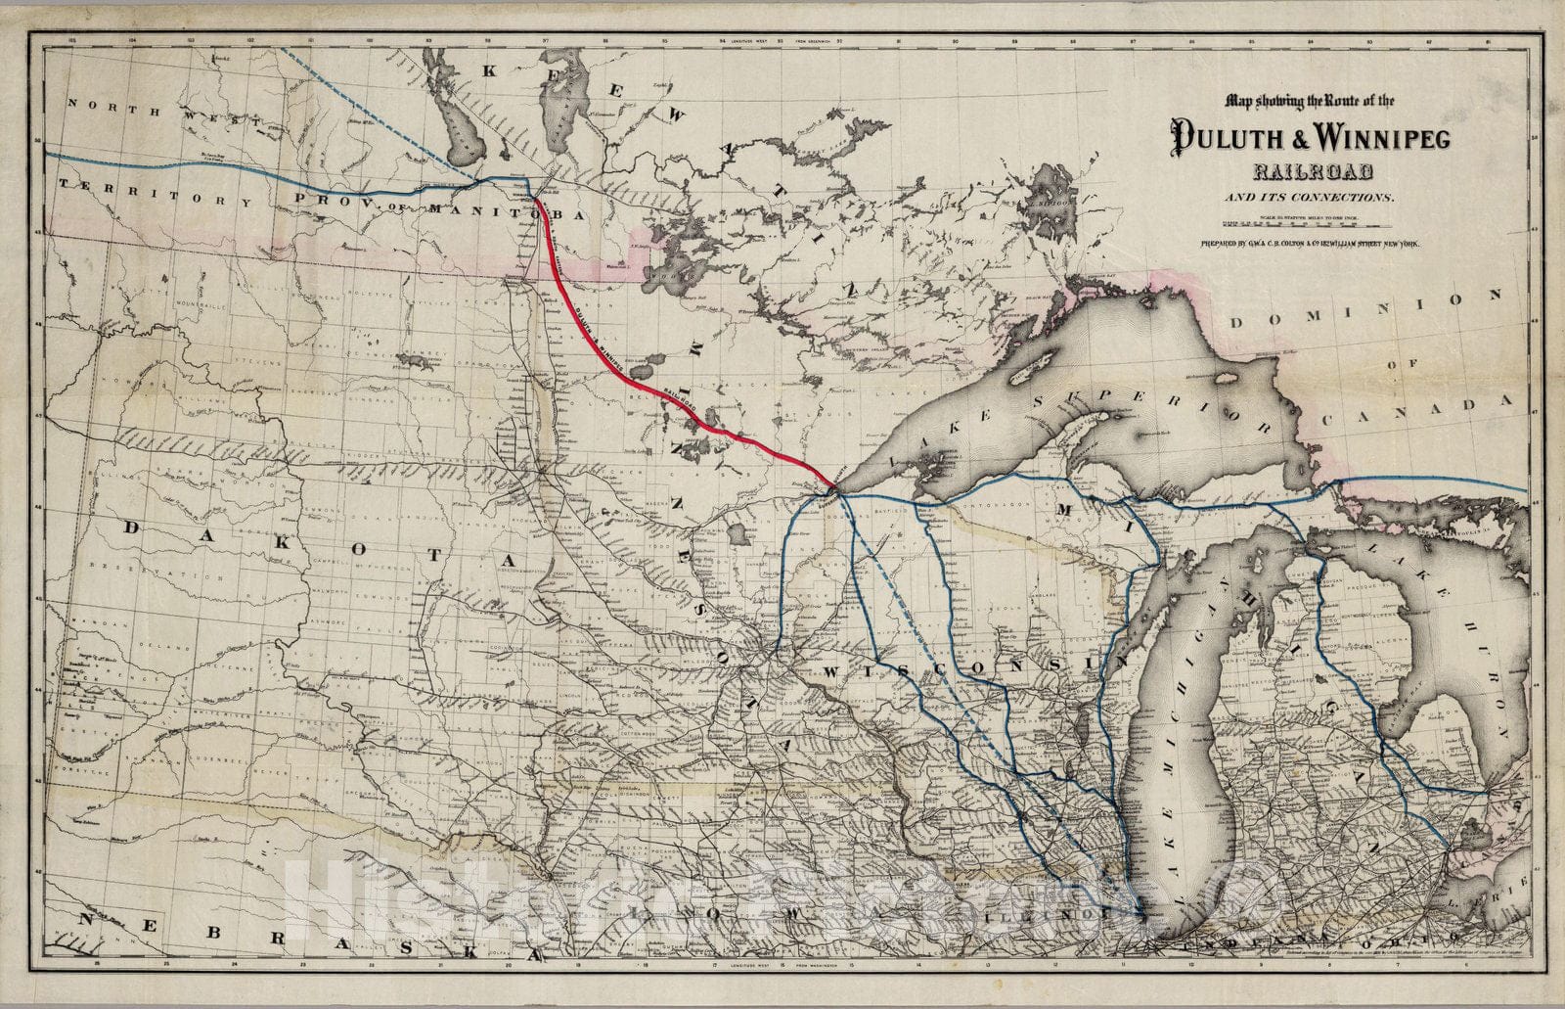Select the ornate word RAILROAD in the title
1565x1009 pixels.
1312,173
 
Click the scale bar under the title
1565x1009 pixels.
1311,223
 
